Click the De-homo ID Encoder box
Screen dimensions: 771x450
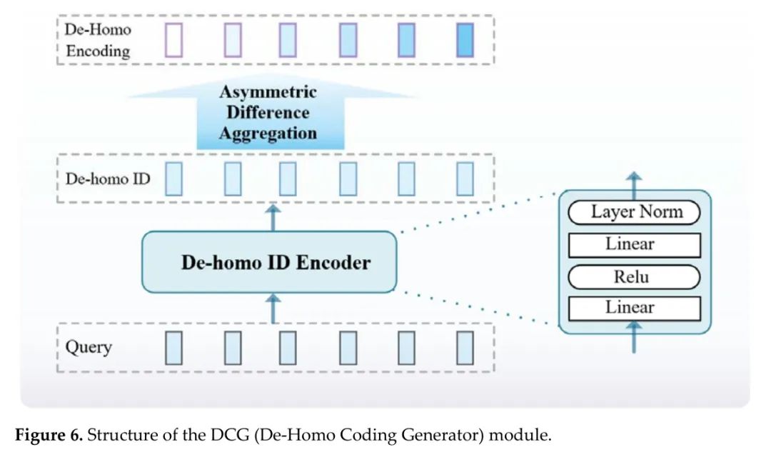pos(269,261)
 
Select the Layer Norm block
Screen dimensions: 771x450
pos(634,212)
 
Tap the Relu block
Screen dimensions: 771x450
pos(634,277)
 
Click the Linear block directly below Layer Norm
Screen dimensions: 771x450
pos(635,245)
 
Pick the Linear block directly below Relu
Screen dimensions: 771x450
pos(635,309)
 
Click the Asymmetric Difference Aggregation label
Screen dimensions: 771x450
pos(268,112)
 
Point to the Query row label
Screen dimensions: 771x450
pos(89,346)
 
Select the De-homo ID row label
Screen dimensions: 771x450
pos(108,179)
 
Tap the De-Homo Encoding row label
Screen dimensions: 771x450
pos(98,40)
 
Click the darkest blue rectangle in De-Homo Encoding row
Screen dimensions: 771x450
pos(465,40)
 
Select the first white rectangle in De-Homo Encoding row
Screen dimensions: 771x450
pos(173,40)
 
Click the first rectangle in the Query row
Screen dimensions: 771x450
pos(173,348)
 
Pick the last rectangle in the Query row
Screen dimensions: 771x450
pos(465,348)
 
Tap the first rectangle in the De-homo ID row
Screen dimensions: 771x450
pos(173,179)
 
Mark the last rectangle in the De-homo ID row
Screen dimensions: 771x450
pos(465,179)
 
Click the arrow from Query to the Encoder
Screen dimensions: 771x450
pos(273,309)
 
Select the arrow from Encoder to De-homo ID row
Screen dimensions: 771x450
pos(273,217)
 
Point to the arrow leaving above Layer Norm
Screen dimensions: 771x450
pos(635,186)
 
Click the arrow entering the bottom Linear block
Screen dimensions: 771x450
pos(634,337)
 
